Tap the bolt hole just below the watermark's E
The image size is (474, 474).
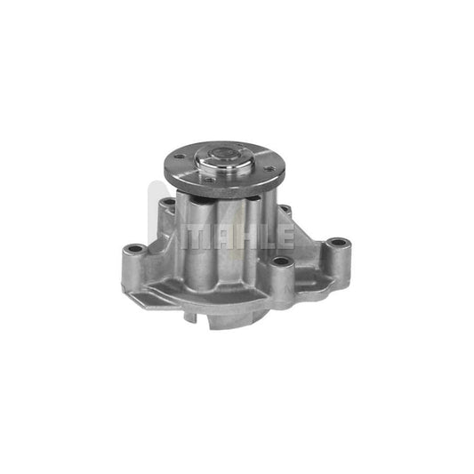(x=281, y=261)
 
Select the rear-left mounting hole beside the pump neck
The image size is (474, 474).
(x=167, y=206)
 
